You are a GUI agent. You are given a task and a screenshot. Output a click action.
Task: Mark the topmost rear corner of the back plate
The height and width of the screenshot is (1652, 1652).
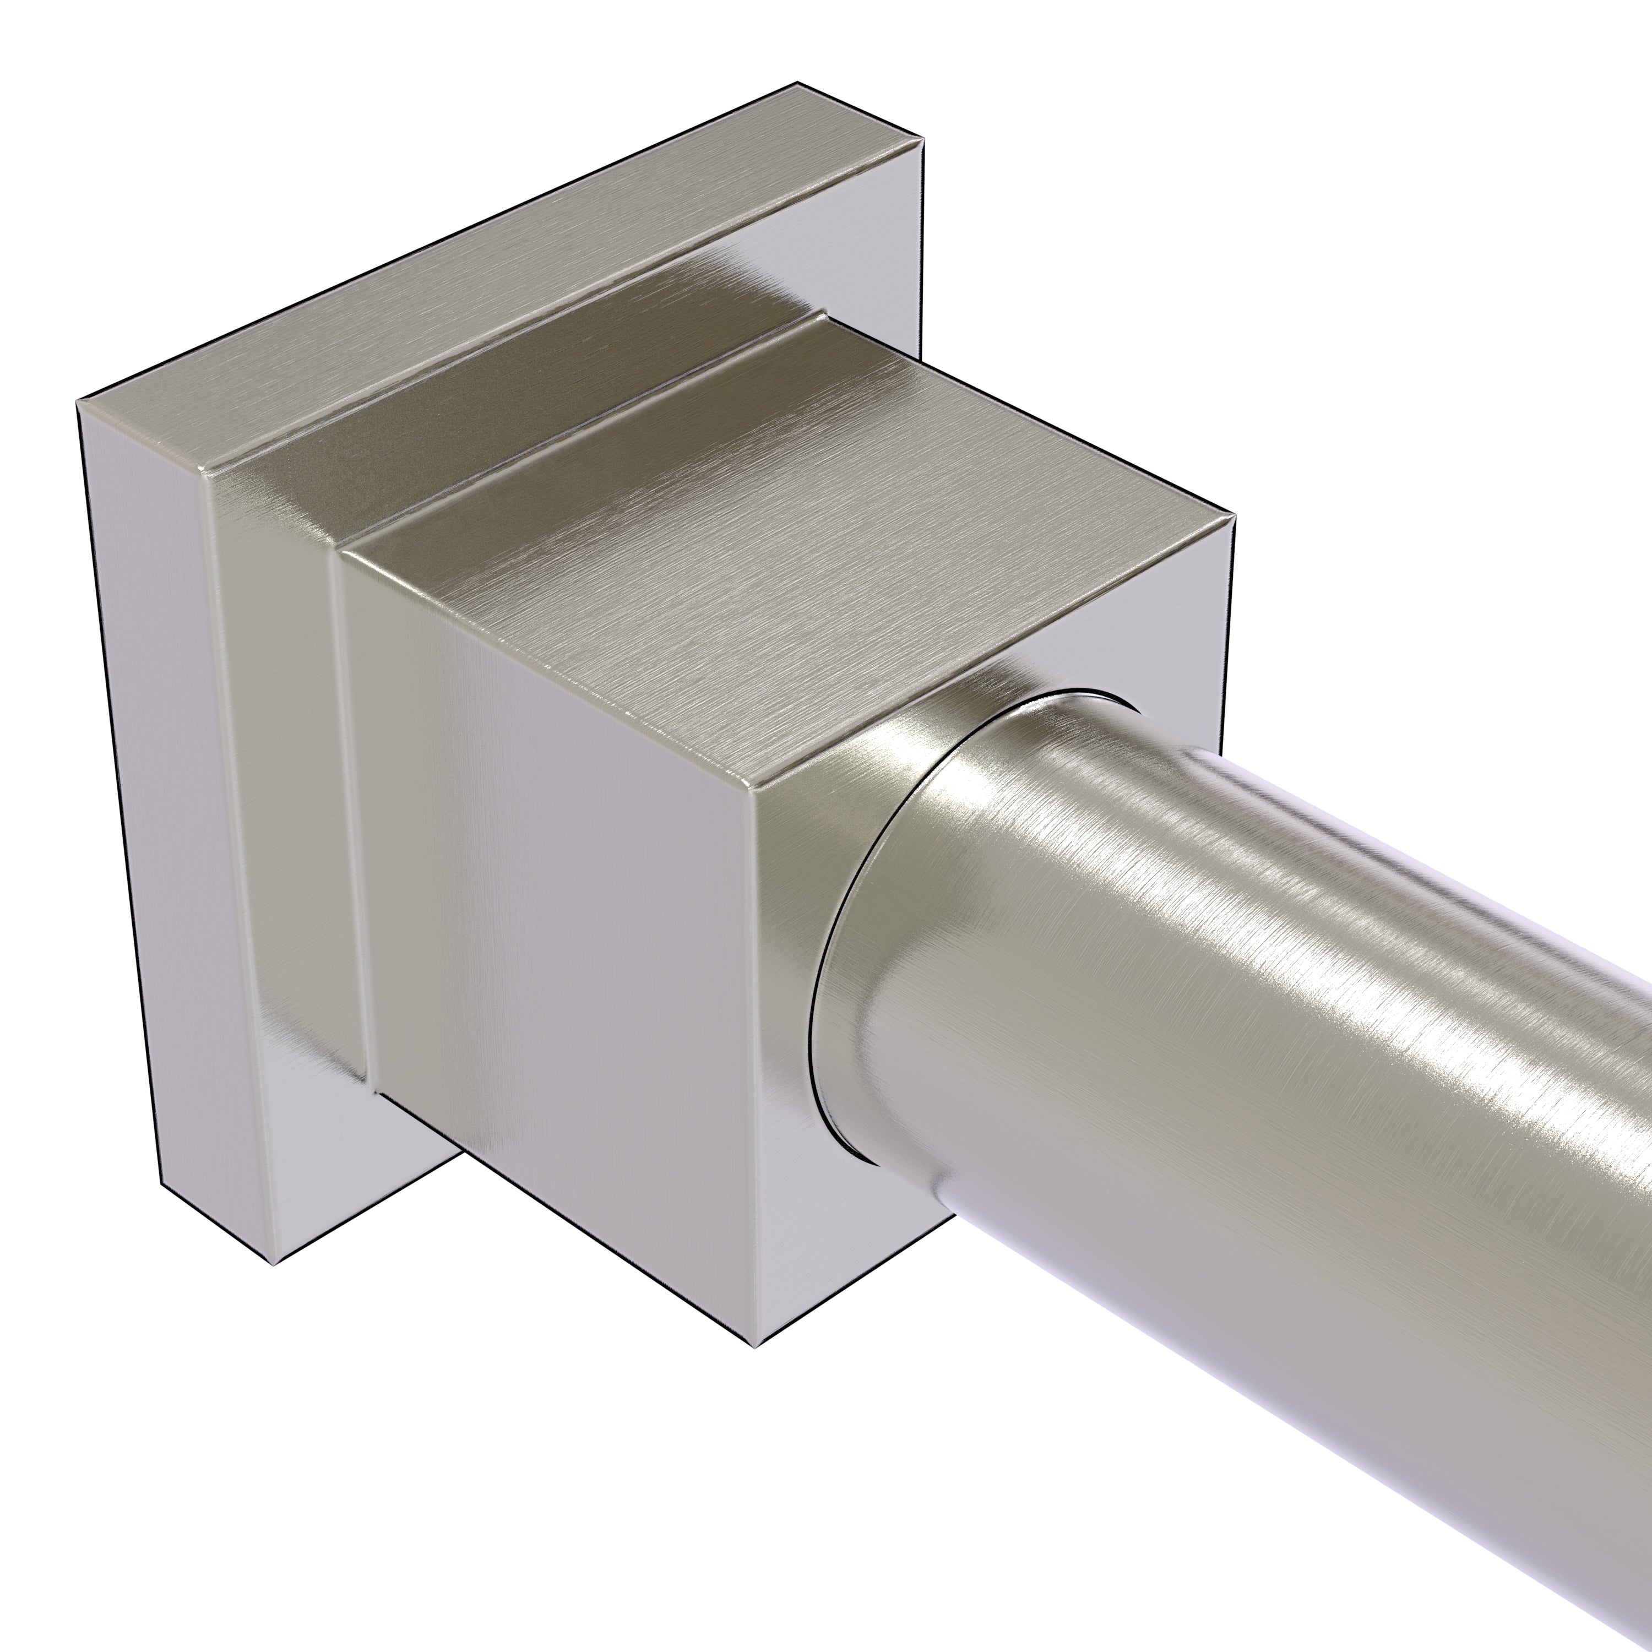[797, 83]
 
